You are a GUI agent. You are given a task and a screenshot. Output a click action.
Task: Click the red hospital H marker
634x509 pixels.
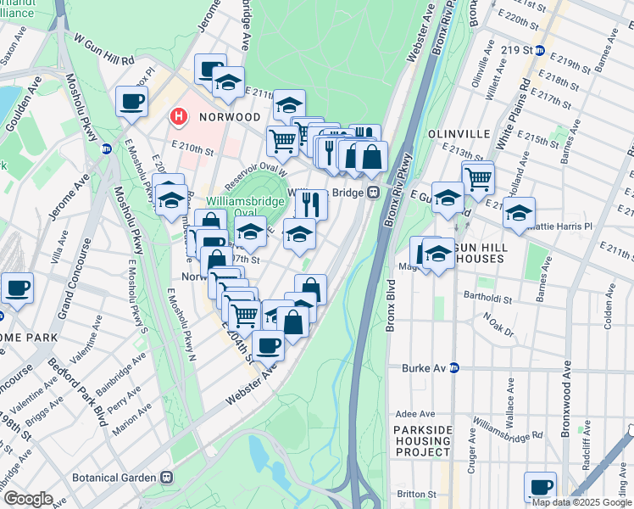(178, 116)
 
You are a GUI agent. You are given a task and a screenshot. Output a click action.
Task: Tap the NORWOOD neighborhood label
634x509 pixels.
(225, 117)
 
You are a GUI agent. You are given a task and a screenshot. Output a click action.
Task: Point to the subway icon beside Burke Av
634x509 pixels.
(454, 368)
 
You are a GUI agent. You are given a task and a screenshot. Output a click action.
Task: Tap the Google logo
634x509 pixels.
(27, 499)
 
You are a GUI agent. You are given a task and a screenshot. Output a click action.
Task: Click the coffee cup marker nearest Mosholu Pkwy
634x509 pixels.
(131, 102)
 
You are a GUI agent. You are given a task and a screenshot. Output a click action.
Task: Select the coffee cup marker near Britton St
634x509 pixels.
(540, 487)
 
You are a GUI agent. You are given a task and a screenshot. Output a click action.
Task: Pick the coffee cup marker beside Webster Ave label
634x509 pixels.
(269, 345)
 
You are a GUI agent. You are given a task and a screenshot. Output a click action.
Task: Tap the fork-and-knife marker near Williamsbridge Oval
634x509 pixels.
(311, 204)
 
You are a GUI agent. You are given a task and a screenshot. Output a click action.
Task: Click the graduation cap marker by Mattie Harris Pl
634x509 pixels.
(519, 211)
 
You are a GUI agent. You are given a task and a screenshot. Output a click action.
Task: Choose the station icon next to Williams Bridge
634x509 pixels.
(371, 193)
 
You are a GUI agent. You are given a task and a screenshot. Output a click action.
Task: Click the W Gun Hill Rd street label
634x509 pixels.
(104, 50)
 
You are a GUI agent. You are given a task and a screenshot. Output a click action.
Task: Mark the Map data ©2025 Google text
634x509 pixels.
(581, 501)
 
